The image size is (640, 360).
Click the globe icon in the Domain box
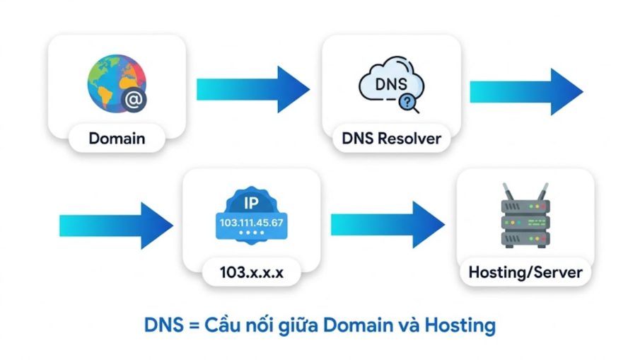[116, 83]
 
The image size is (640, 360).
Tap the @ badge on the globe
[134, 100]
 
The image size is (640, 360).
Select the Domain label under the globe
[117, 139]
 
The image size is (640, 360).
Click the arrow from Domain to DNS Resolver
[253, 89]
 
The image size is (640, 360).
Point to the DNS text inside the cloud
[391, 84]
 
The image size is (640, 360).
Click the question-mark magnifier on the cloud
[408, 103]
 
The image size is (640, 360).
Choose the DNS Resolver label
[392, 139]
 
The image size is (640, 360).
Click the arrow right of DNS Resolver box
[527, 92]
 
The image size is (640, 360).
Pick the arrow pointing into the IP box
[116, 226]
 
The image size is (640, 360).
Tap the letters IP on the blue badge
[251, 203]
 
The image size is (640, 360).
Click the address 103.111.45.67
[252, 223]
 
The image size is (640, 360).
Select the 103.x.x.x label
[252, 272]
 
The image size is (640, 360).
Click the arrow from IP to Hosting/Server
[388, 225]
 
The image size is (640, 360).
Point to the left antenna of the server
[508, 192]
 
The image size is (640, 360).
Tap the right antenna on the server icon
[543, 192]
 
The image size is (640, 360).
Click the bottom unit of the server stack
[525, 239]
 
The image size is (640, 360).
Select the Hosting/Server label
[525, 272]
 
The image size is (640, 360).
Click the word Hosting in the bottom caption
[460, 326]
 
